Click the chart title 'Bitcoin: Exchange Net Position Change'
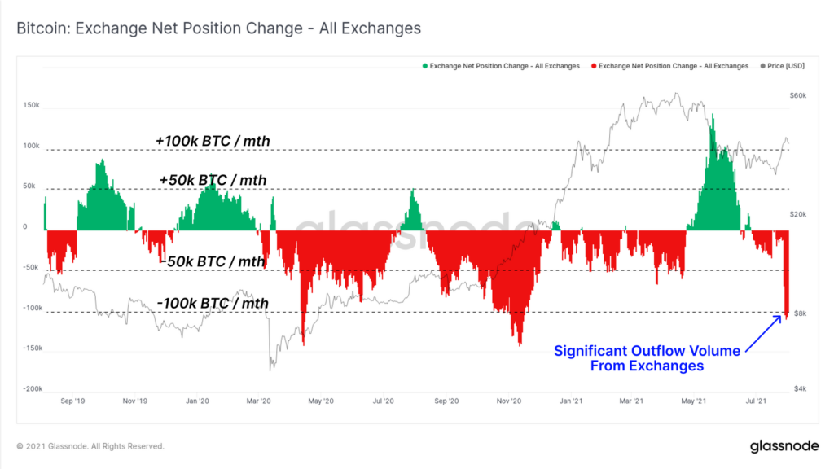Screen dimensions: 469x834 click(x=218, y=28)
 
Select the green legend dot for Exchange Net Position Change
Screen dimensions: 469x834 click(x=424, y=66)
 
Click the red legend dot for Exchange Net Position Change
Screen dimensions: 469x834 click(x=595, y=66)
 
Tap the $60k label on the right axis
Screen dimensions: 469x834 click(x=798, y=96)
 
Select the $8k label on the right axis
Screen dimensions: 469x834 click(x=799, y=313)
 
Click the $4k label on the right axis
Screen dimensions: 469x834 click(x=799, y=388)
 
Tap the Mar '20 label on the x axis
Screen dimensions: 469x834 click(x=260, y=401)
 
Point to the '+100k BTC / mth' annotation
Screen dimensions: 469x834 click(x=213, y=142)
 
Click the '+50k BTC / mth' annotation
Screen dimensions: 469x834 click(x=214, y=180)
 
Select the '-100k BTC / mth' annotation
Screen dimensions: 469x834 click(x=213, y=304)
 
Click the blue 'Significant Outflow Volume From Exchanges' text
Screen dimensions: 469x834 click(x=647, y=358)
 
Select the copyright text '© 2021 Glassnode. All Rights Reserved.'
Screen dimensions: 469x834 click(x=90, y=446)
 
